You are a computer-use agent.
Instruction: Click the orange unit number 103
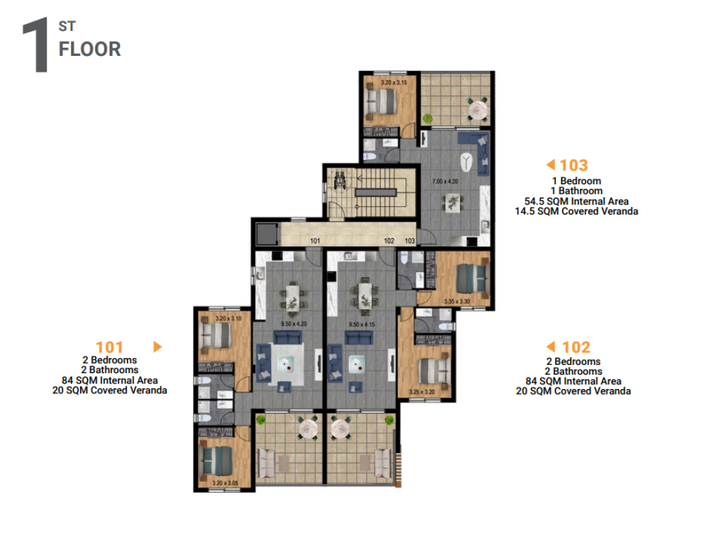pos(574,166)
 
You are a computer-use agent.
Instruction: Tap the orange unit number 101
pos(110,348)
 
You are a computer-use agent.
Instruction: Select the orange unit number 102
pos(576,348)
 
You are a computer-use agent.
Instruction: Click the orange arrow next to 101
pos(158,346)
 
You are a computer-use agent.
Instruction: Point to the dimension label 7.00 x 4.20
pos(445,181)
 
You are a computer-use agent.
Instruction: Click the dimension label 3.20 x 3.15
pos(394,83)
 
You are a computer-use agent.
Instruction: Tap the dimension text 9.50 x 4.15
pos(361,324)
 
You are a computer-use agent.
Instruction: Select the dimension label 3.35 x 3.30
pos(456,301)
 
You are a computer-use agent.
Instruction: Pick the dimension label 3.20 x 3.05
pos(225,483)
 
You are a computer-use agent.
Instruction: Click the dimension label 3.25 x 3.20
pos(422,392)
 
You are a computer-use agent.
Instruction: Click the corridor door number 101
pos(314,241)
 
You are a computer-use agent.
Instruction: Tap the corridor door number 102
pos(389,241)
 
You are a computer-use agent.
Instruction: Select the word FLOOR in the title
pos(90,49)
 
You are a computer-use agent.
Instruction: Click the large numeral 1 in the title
pos(36,45)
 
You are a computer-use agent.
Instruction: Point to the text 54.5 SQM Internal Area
pos(576,201)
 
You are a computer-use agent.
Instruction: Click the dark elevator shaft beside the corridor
pos(267,234)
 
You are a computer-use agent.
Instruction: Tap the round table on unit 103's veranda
pos(478,110)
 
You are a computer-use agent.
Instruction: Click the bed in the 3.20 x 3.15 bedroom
pos(381,101)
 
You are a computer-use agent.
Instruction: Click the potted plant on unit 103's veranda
pos(427,119)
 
